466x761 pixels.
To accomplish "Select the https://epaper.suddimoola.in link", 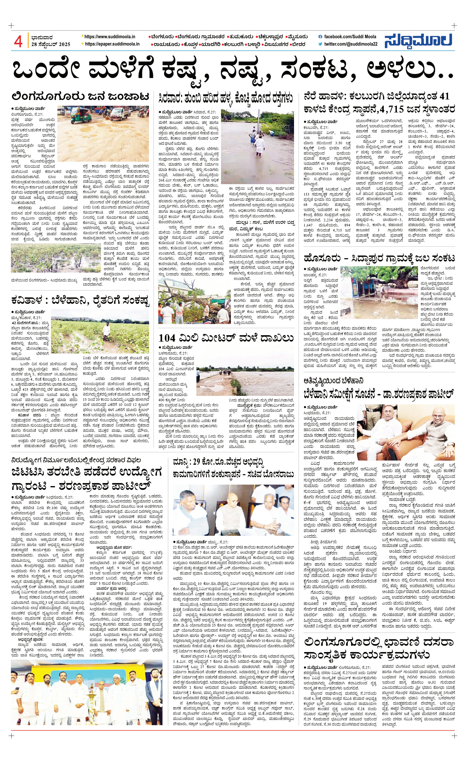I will click(112, 44).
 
